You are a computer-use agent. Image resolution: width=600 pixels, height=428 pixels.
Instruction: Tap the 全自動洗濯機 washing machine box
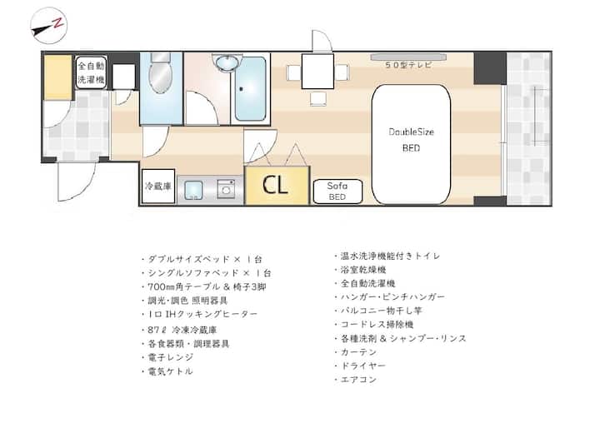point(91,72)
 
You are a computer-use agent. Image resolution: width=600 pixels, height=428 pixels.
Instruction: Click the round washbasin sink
point(227,62)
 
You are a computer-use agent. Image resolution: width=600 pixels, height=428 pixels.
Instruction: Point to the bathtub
point(250,89)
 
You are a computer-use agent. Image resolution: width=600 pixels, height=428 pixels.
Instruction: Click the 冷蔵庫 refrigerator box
point(158,187)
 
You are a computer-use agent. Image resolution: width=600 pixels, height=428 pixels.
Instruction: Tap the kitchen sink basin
point(193,190)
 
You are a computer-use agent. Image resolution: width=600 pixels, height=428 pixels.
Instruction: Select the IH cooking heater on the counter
point(226,188)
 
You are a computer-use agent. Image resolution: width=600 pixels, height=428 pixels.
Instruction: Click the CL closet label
point(275,185)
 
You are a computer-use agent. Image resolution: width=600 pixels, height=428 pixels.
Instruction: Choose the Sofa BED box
point(337,192)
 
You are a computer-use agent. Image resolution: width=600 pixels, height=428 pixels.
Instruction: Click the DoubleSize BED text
point(411,140)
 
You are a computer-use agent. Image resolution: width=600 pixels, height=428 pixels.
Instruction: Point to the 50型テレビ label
point(408,65)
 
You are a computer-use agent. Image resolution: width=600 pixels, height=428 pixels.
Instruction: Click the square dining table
point(317,71)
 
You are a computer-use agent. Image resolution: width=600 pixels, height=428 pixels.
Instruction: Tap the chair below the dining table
point(318,99)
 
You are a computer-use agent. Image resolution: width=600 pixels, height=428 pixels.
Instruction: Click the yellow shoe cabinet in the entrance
point(57,77)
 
